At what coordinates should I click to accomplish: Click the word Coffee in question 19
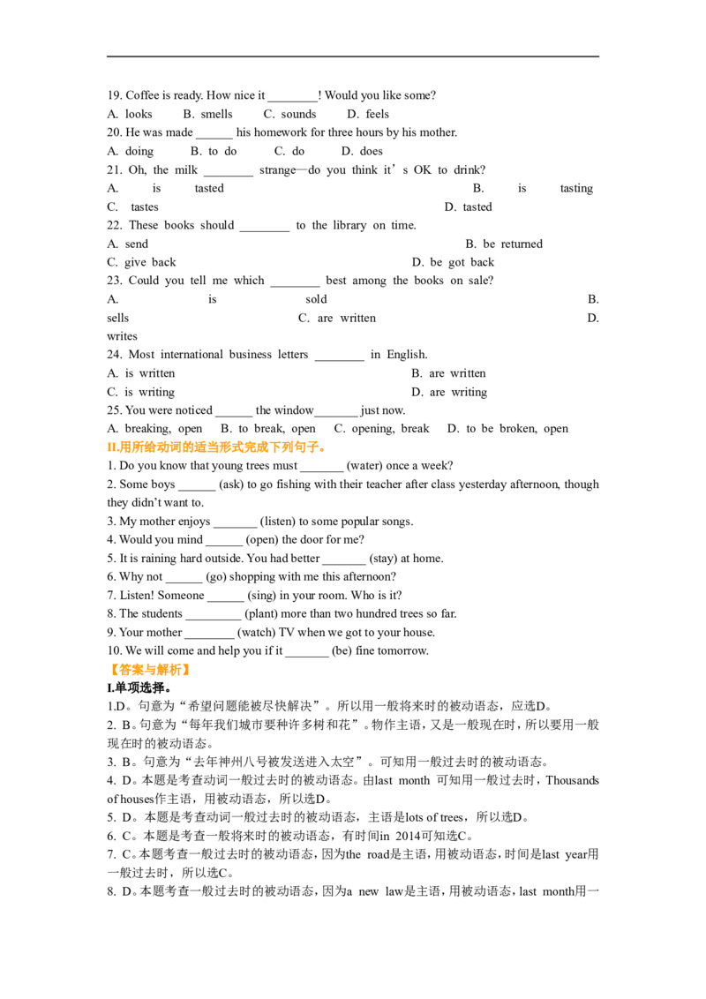(142, 95)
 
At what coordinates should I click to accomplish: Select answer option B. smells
(207, 114)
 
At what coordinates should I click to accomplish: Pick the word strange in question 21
(277, 170)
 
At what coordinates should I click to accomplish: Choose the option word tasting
(576, 189)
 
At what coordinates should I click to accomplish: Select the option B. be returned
(504, 244)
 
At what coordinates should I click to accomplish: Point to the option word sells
(118, 318)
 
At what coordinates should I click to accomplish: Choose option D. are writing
(449, 392)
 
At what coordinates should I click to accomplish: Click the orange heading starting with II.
(216, 447)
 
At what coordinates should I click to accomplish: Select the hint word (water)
(369, 466)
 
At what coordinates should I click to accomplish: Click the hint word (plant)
(261, 613)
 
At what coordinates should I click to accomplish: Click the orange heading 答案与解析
(150, 670)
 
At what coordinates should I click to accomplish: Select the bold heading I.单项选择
(139, 688)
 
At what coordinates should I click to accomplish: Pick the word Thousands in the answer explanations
(572, 780)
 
